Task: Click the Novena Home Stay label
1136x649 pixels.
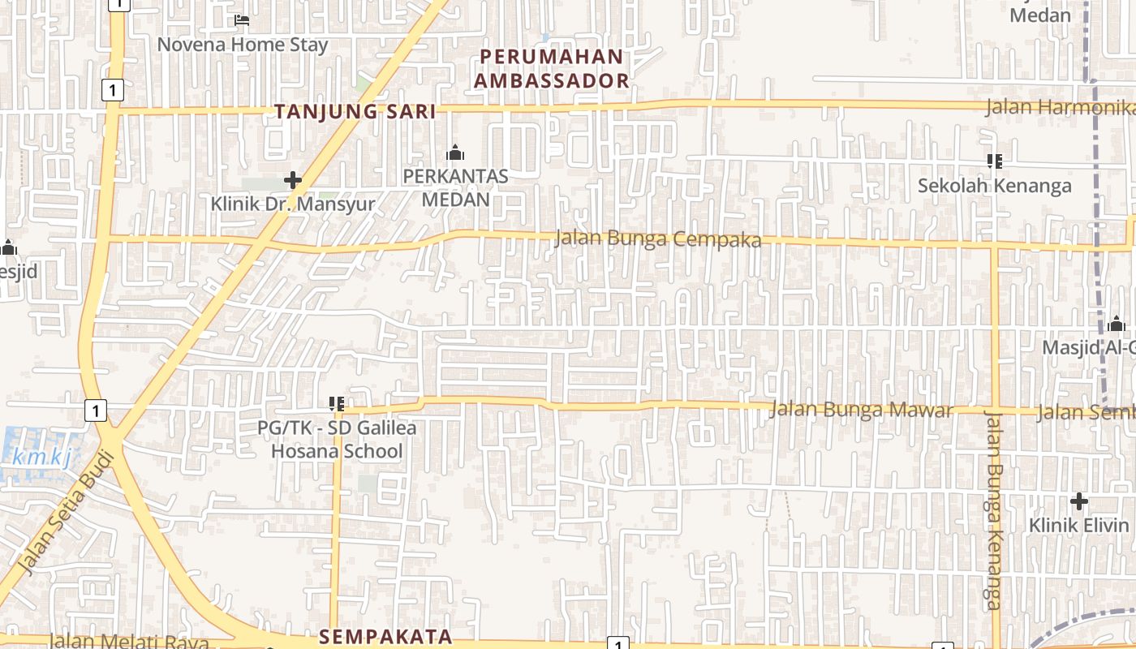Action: tap(242, 45)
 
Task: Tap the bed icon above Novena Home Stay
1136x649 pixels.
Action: tap(242, 20)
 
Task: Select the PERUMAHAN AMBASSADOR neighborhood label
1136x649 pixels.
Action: tap(552, 69)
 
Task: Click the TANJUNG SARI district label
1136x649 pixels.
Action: tap(355, 112)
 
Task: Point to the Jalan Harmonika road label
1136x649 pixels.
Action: tap(1059, 107)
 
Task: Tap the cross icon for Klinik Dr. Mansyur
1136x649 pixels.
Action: tap(293, 180)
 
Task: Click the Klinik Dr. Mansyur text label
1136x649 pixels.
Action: tap(293, 204)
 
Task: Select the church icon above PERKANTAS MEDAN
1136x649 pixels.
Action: tap(455, 153)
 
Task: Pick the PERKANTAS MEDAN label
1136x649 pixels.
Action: tap(455, 187)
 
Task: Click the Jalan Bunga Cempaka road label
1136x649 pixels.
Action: tap(658, 239)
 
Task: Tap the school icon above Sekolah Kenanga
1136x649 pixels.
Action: tap(995, 161)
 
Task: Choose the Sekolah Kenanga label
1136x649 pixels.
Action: tap(994, 186)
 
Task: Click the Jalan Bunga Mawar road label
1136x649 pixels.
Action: tap(861, 410)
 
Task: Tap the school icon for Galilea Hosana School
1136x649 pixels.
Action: tap(338, 403)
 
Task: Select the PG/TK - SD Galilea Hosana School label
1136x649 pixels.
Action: tap(337, 439)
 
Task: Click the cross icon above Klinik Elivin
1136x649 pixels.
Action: tap(1078, 501)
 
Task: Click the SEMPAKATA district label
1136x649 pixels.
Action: tap(385, 637)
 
